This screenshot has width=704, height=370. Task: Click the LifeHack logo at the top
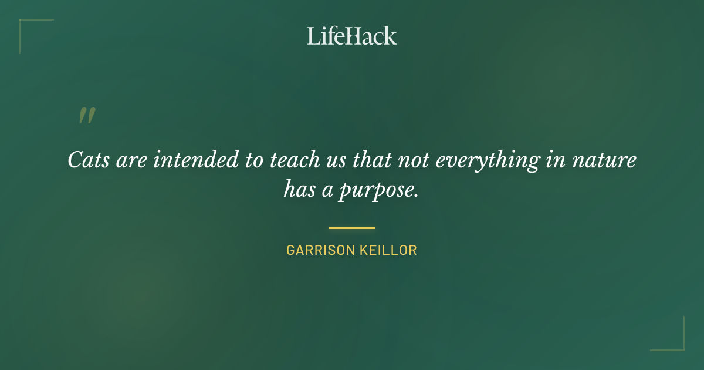click(352, 36)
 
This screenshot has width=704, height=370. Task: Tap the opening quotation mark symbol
click(87, 116)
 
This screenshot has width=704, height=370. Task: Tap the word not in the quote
click(415, 160)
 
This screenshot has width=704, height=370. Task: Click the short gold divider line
click(352, 228)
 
